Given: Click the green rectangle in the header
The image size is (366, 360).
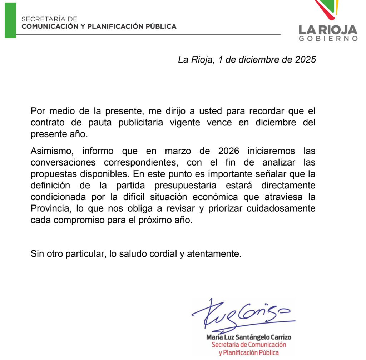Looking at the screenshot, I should click(x=10, y=20).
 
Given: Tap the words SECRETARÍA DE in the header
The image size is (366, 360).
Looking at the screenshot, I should click(x=49, y=19).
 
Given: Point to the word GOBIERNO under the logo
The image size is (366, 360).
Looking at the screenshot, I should click(x=328, y=39).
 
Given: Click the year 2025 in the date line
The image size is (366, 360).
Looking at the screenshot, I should click(x=305, y=59).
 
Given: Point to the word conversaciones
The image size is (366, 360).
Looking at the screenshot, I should click(x=63, y=162).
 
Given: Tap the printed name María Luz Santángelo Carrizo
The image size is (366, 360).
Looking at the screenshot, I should click(x=249, y=337).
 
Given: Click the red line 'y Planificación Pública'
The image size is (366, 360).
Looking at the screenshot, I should click(x=249, y=353).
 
